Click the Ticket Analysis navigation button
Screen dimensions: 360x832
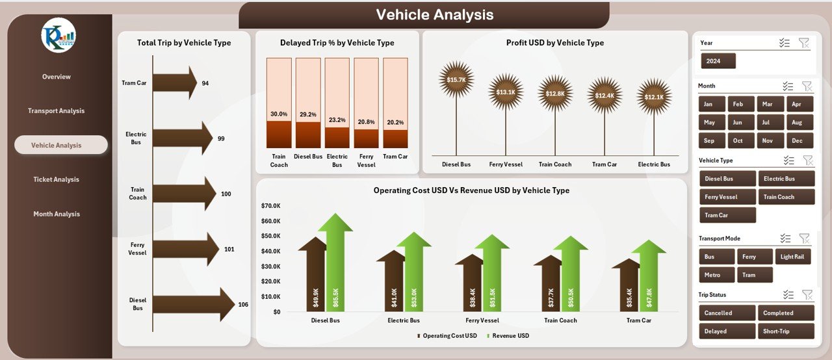[56, 179]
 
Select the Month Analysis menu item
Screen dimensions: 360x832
[56, 214]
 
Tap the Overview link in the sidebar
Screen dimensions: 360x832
[56, 77]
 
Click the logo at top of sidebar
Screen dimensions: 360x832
[58, 36]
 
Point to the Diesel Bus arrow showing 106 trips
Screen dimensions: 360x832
[193, 304]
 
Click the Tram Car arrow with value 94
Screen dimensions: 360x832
[174, 83]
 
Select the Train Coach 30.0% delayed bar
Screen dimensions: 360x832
[279, 134]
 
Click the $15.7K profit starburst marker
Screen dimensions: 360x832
[456, 79]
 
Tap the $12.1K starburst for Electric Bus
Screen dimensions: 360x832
[654, 96]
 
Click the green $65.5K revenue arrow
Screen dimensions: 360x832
[335, 266]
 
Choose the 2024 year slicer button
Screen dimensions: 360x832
[718, 61]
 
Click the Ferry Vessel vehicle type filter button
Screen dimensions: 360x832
[727, 197]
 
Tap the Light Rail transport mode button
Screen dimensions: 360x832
[792, 257]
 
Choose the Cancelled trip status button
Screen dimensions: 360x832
[727, 313]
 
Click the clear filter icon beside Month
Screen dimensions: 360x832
[807, 86]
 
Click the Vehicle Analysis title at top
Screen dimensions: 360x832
[434, 15]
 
